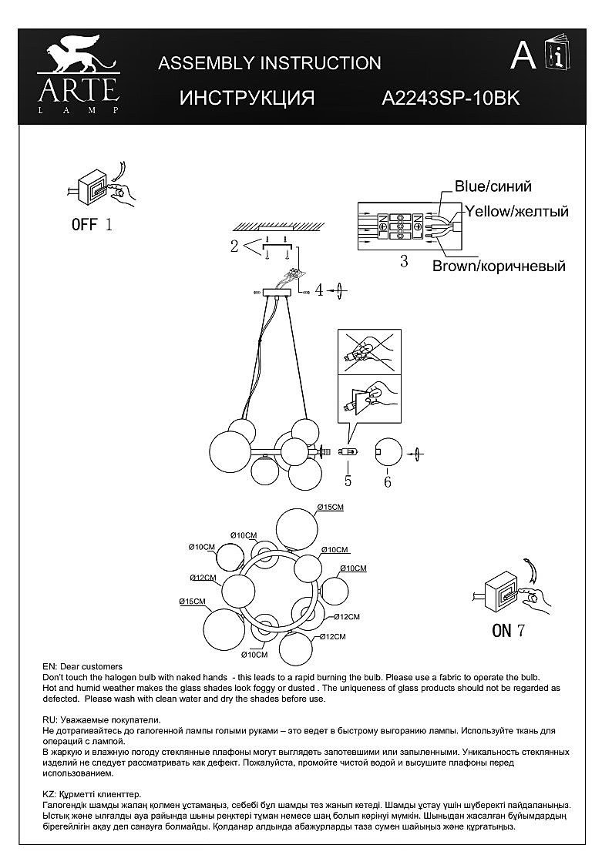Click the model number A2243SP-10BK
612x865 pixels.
click(452, 99)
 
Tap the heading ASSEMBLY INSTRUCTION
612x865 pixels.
click(269, 63)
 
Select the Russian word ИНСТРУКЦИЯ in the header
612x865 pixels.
click(247, 99)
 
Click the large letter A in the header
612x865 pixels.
click(524, 55)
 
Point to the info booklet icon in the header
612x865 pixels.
click(557, 55)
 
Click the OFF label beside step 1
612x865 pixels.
click(85, 225)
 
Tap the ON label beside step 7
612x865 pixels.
click(502, 631)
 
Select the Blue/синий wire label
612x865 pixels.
click(493, 186)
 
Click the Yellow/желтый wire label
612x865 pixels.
click(516, 211)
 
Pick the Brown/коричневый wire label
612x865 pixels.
click(499, 267)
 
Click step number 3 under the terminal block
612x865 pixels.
click(404, 261)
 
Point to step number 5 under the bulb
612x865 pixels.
click(348, 481)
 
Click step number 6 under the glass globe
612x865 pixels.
click(387, 482)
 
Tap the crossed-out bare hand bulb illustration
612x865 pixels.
click(369, 353)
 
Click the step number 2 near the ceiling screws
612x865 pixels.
click(234, 246)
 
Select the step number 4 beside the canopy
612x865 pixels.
click(318, 290)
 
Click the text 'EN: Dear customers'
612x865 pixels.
click(82, 666)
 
